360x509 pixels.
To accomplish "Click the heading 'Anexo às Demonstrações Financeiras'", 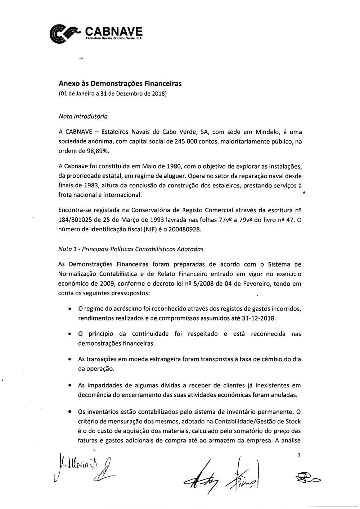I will [120, 84].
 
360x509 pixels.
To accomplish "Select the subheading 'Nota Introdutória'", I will [83, 117].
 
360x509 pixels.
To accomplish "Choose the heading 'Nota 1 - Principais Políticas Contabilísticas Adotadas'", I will [131, 249].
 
